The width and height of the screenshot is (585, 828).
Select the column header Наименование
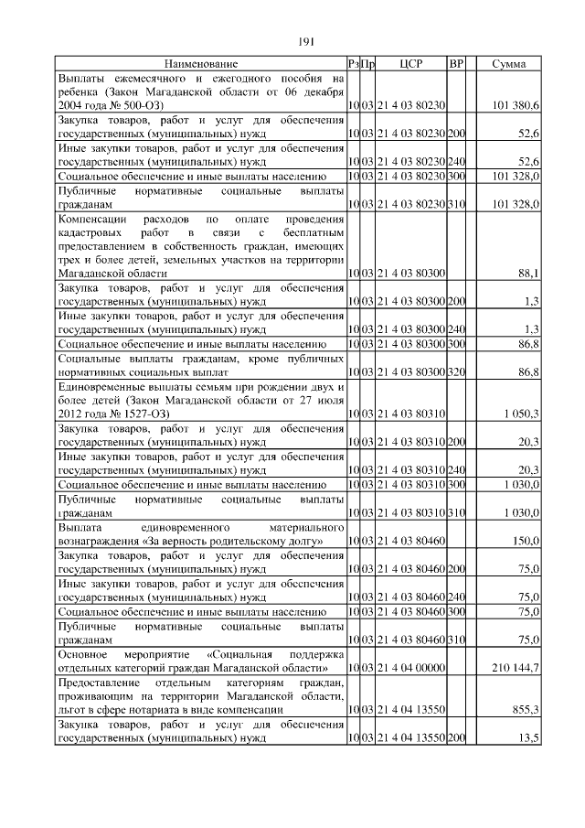pyautogui.click(x=201, y=64)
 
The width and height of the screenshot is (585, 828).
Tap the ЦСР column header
pyautogui.click(x=410, y=64)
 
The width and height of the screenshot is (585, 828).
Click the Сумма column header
pyautogui.click(x=508, y=64)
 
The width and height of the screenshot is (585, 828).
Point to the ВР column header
pyautogui.click(x=456, y=64)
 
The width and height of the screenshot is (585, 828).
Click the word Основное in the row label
pyautogui.click(x=84, y=656)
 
